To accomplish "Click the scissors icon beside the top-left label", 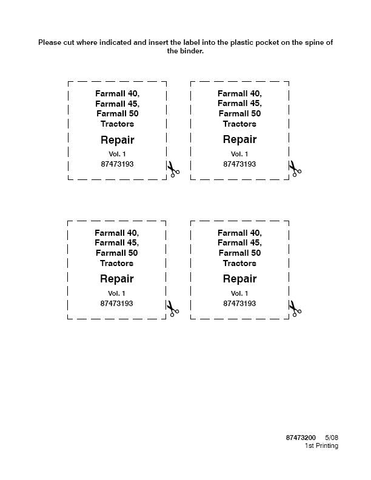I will [173, 169].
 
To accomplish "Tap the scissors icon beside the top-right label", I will [295, 168].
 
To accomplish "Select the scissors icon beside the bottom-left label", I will [173, 308].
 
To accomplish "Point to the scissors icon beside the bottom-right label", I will [295, 308].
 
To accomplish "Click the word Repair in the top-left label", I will [117, 140].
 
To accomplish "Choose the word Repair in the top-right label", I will [239, 139].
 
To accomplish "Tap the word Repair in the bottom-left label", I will [116, 279].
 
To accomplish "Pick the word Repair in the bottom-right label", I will [239, 279].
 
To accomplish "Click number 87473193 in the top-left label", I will [117, 164].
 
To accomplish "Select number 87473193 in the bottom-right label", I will [239, 304].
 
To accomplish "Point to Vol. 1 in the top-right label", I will [239, 154].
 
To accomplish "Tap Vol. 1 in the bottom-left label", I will [116, 293].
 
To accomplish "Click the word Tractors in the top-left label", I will [117, 124].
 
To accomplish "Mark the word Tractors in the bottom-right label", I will [239, 263].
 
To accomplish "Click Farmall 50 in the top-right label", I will [239, 113].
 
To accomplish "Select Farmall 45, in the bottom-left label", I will [116, 243].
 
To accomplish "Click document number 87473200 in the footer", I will [301, 438].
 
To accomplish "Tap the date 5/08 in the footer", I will [332, 438].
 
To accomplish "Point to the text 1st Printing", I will [321, 446].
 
